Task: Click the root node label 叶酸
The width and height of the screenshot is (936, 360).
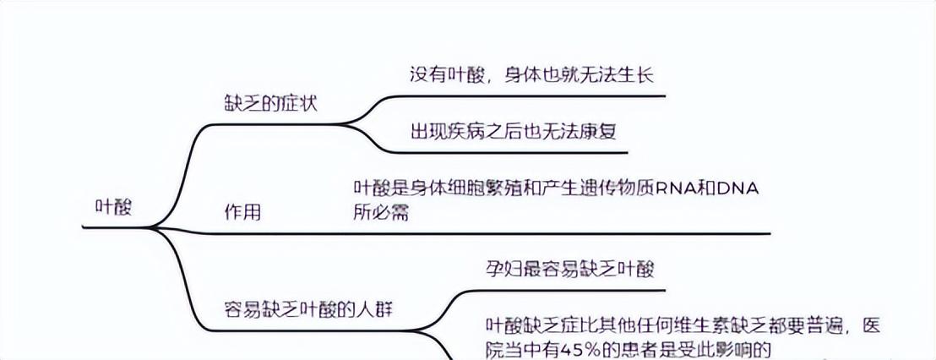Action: [115, 208]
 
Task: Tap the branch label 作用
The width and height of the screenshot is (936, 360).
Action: [242, 212]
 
